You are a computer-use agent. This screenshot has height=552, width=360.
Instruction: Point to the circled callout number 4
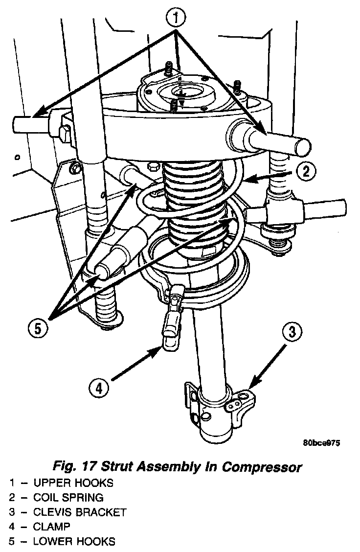[99, 389]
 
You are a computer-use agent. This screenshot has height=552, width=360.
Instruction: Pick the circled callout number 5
[38, 327]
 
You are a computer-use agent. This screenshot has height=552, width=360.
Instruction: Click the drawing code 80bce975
[321, 443]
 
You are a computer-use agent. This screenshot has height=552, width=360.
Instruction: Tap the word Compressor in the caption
[262, 466]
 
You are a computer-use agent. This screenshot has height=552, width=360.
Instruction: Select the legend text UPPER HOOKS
[73, 483]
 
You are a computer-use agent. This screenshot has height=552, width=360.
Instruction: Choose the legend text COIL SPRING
[68, 498]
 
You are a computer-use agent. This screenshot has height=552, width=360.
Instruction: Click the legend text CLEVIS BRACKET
[80, 512]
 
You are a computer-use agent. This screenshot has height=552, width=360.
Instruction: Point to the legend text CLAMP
[52, 527]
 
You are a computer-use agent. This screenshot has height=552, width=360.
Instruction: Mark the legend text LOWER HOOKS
[74, 542]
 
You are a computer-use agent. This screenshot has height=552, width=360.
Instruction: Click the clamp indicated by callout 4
[171, 333]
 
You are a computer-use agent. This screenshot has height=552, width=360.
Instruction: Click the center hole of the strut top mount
[180, 93]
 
